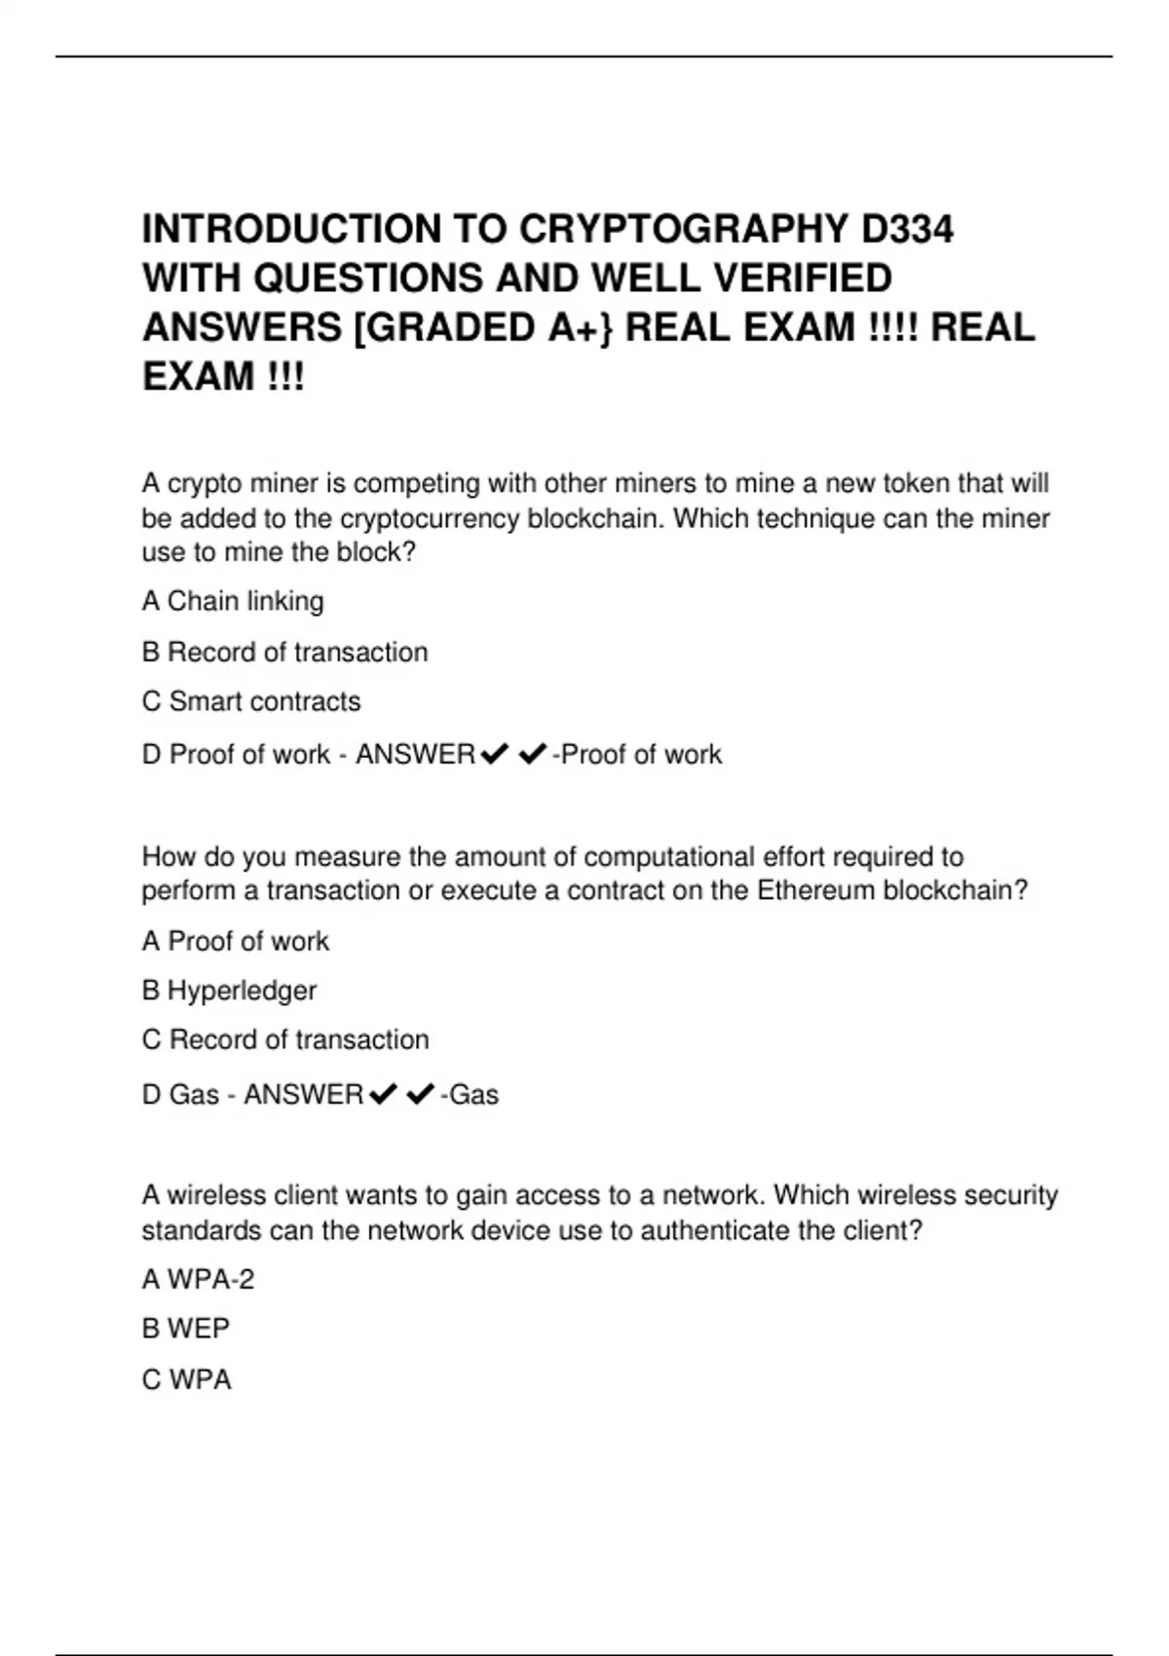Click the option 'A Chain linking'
point(233,601)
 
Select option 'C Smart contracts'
point(251,701)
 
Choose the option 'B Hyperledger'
point(229,991)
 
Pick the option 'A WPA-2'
point(198,1279)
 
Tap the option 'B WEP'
point(186,1329)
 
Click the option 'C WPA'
point(187,1379)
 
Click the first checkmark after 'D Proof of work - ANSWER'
point(495,754)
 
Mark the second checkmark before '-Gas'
point(420,1095)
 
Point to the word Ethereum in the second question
point(815,890)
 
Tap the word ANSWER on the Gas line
point(303,1095)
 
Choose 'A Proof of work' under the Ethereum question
point(236,941)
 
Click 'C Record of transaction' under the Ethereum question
point(285,1039)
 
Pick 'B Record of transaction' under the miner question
point(285,652)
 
